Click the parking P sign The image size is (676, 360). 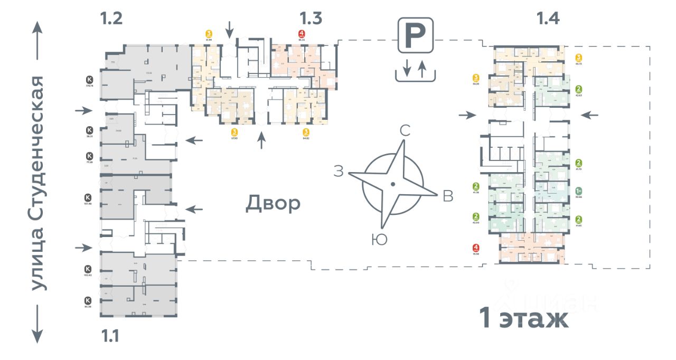pos(416,35)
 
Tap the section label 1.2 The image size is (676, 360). pos(111,19)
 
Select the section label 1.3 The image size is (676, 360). pos(311,19)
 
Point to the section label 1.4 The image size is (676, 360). pos(548,19)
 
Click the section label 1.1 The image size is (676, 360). pos(111,336)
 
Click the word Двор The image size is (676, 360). pos(273,203)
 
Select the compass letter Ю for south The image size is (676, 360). pos(379,240)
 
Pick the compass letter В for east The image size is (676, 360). pos(448,196)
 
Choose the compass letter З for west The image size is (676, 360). pos(339,170)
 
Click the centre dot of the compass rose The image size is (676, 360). pos(392,184)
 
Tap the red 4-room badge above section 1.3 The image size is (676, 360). pos(302,34)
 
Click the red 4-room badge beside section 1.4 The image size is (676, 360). pos(476,247)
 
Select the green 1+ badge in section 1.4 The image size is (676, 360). pos(579,191)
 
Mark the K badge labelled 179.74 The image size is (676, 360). pos(89,79)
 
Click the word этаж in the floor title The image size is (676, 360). pos(535,319)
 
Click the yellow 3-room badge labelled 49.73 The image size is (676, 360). pos(579,58)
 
